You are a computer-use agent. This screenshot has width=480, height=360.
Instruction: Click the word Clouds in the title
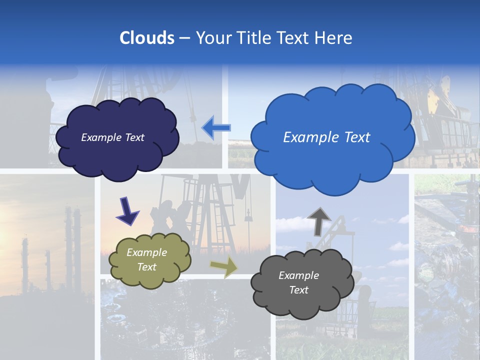pos(146,38)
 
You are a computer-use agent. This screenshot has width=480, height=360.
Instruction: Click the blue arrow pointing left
pos(216,128)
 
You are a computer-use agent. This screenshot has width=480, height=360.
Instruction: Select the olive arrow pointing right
pos(224,266)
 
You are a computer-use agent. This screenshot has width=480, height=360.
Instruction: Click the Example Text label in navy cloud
pos(112,137)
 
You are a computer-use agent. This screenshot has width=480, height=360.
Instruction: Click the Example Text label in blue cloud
pos(326,137)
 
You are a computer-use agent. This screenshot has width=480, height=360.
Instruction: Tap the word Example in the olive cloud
pos(146,253)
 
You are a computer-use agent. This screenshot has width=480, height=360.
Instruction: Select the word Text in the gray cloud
pos(298,290)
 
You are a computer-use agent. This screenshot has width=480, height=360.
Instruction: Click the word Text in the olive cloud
pos(146,267)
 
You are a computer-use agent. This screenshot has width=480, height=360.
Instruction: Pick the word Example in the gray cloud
pos(298,275)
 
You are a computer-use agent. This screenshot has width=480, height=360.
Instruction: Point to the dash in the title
pos(184,38)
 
